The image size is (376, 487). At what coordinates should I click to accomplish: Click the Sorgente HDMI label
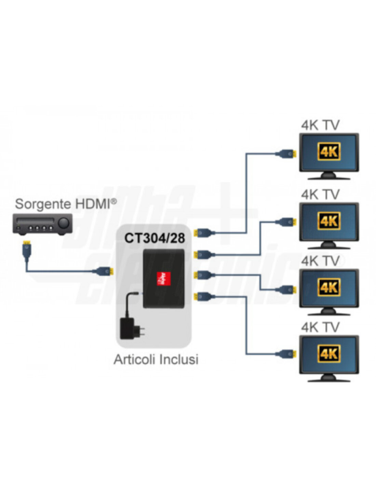pos(65,204)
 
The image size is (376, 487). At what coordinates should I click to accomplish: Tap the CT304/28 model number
pos(155,238)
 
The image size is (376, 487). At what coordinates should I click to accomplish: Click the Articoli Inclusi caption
pos(156,360)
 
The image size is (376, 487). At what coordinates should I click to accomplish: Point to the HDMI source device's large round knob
pos(63,223)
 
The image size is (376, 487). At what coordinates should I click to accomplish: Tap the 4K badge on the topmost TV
pos(329,151)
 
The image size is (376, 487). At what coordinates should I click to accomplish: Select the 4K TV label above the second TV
pos(320,195)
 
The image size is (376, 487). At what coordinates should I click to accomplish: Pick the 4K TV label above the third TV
pos(320,261)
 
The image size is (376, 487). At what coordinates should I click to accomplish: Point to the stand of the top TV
pos(329,176)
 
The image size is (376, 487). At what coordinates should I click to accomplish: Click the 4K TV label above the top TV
pos(320,125)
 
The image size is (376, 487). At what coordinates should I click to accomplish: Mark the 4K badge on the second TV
pos(329,221)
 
